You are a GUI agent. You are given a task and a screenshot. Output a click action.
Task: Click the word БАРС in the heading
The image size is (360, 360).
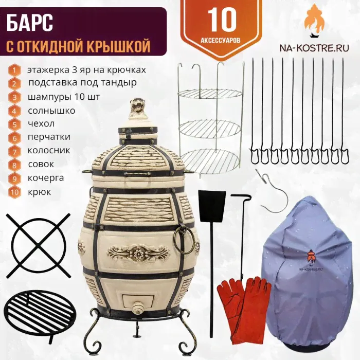(30, 24)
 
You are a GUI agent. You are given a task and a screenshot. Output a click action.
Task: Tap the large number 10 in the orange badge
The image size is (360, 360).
(222, 21)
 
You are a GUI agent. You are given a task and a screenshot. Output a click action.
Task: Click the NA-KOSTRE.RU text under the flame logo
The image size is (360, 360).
(314, 48)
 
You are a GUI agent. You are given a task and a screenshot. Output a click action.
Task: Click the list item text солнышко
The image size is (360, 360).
(51, 111)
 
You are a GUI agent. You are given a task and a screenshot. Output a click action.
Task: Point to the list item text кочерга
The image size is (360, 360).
(46, 178)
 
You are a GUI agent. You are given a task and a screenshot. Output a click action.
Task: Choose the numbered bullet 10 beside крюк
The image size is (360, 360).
(14, 192)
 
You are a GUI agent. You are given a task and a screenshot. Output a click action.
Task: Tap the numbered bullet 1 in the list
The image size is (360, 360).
(14, 70)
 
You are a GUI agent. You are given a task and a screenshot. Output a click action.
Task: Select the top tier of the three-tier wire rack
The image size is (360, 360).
(210, 94)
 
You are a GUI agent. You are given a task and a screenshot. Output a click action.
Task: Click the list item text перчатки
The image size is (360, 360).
(49, 137)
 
